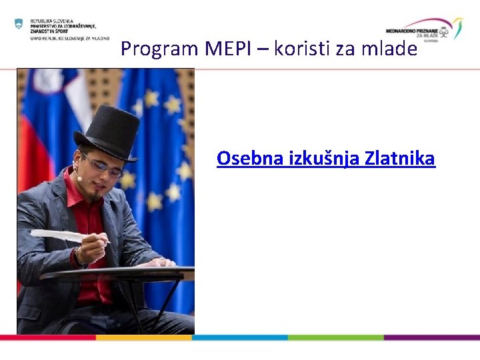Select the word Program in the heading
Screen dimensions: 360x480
coord(160,49)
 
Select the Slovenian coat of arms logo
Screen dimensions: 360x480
coord(19,23)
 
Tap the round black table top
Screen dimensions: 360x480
coord(120,273)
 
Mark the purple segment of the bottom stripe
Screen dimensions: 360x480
coord(431,337)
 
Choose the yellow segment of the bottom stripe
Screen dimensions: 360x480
coord(143,337)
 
